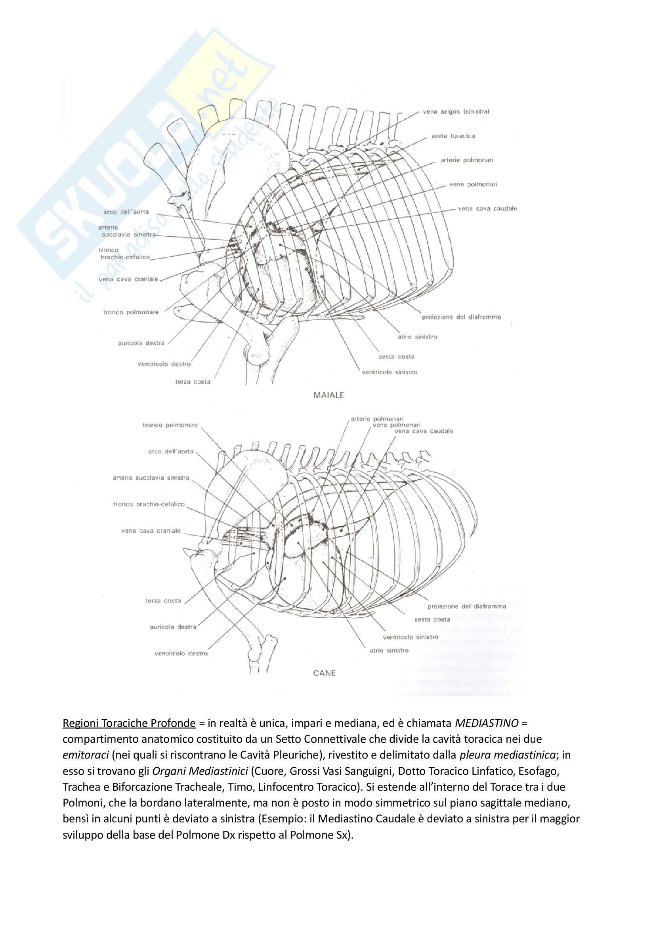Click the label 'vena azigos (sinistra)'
coord(456,111)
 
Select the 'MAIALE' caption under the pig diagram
coord(329,395)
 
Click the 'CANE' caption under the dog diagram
coord(324,673)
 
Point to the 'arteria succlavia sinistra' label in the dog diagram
coord(151,478)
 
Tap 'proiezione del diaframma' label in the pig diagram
coord(461,317)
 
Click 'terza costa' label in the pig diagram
coord(193,382)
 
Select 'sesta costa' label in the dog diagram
coord(432,619)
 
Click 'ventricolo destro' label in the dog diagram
coord(181,653)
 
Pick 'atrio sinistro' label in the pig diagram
coord(417,337)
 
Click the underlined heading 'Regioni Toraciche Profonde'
coord(129,723)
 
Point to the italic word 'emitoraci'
coord(82,755)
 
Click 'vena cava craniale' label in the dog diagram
coord(151,531)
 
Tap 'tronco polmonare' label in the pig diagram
coord(131,312)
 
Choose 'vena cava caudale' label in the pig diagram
coord(487,209)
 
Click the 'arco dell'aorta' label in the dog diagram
coord(171,451)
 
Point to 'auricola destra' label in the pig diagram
coord(141,343)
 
